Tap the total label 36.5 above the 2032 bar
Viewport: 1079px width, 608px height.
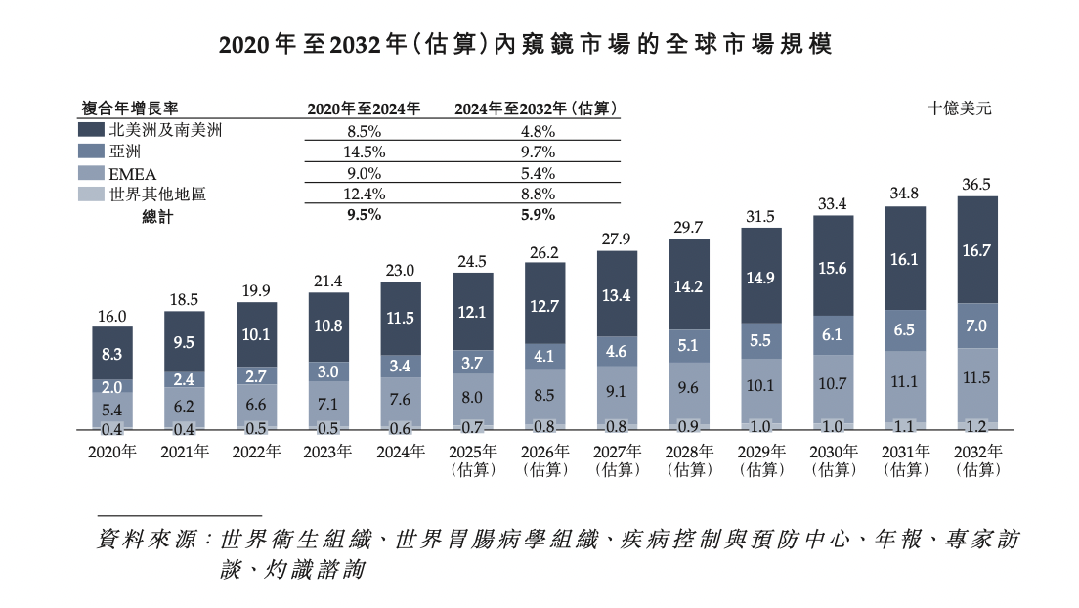(977, 184)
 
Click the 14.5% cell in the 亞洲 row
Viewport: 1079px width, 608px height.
(365, 152)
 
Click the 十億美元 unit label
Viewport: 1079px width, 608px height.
(959, 109)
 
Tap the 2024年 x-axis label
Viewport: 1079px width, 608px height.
(401, 452)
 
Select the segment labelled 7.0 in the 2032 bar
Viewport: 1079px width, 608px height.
(977, 326)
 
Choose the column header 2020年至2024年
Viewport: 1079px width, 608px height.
(365, 109)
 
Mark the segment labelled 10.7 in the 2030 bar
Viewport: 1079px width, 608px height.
(833, 384)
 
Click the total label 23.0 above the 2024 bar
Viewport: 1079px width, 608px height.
(401, 270)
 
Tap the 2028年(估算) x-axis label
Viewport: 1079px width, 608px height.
(689, 460)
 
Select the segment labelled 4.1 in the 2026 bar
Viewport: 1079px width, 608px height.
(544, 357)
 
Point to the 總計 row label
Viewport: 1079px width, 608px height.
(156, 217)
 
